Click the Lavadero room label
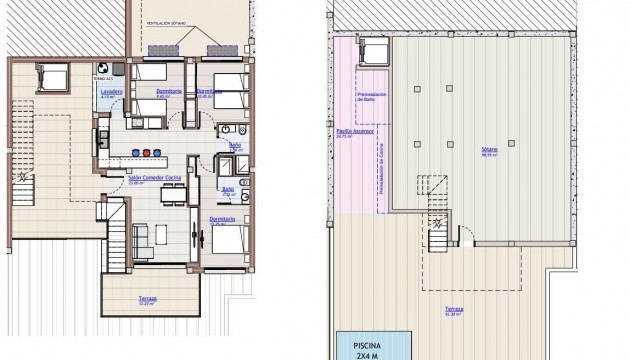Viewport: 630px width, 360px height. click(112, 93)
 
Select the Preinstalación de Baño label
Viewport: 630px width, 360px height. click(365, 95)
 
